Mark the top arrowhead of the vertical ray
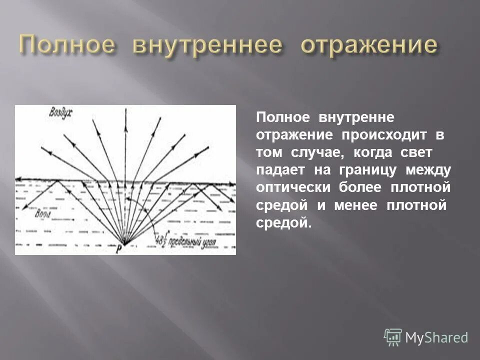click(124, 112)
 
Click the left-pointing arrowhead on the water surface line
click(19, 179)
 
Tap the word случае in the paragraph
click(322, 153)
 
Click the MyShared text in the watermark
click(436, 337)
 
